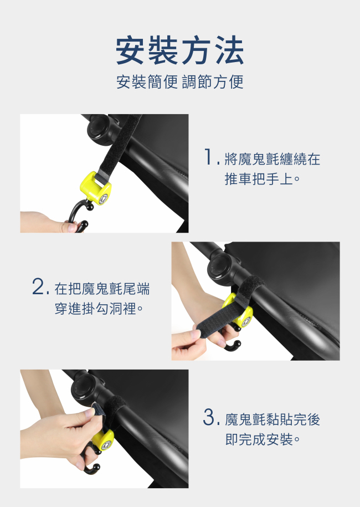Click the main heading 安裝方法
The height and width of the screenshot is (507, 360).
click(x=179, y=50)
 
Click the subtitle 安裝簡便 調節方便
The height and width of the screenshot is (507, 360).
click(x=179, y=81)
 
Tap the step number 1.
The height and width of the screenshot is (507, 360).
click(x=208, y=157)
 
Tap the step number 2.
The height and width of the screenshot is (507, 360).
click(x=38, y=286)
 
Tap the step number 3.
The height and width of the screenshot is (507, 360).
click(x=209, y=417)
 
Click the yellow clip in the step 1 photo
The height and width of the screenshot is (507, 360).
click(x=96, y=189)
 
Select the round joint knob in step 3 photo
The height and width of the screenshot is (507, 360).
click(x=85, y=388)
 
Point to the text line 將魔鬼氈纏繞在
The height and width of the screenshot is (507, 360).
click(x=272, y=159)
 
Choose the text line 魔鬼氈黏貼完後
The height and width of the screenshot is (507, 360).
click(x=272, y=419)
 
